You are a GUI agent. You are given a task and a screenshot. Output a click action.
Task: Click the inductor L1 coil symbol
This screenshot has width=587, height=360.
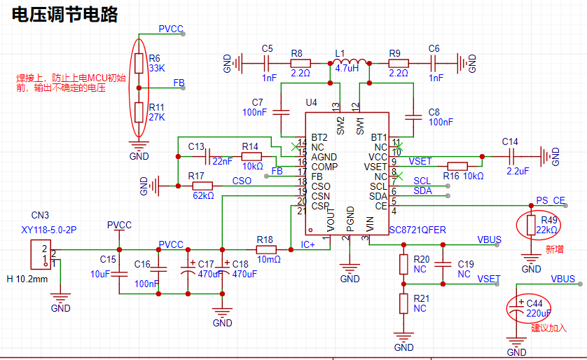click(350, 62)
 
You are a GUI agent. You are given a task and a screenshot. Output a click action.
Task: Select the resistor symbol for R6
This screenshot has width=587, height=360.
click(139, 63)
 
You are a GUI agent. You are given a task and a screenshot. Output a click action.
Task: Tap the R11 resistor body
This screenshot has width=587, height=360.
click(139, 112)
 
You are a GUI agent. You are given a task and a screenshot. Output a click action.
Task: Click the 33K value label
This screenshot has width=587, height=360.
click(157, 68)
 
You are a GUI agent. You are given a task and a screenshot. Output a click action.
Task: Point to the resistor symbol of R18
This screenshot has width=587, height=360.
click(266, 249)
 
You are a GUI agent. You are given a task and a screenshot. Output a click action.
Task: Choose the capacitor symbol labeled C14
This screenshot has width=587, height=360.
click(513, 156)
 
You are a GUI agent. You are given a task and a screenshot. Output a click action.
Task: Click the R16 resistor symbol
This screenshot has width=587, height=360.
click(457, 167)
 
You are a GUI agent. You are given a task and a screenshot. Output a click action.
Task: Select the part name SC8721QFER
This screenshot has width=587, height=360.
click(417, 230)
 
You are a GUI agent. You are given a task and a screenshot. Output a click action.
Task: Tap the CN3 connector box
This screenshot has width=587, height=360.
click(41, 255)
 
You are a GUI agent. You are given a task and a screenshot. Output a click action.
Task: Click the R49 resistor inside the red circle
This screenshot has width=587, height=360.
click(531, 226)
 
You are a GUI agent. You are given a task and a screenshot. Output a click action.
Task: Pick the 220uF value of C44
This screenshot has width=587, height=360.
click(539, 313)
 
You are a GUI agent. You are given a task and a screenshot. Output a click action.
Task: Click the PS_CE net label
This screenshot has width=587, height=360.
click(551, 200)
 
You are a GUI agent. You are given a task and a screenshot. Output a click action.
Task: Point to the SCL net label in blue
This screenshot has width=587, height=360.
click(422, 181)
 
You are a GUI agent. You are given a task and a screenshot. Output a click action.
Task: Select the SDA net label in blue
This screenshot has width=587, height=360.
click(422, 191)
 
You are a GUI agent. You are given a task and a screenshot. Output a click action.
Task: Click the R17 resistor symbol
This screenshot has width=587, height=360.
click(202, 186)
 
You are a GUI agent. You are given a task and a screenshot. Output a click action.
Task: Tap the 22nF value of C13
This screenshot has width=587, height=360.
click(222, 161)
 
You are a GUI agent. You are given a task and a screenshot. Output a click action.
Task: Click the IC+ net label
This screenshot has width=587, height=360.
click(308, 244)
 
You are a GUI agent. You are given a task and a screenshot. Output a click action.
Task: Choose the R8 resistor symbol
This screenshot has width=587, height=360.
click(301, 64)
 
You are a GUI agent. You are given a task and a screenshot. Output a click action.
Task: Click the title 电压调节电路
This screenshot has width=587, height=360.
click(64, 15)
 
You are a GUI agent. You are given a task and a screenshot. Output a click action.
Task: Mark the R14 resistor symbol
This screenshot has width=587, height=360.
click(251, 156)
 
